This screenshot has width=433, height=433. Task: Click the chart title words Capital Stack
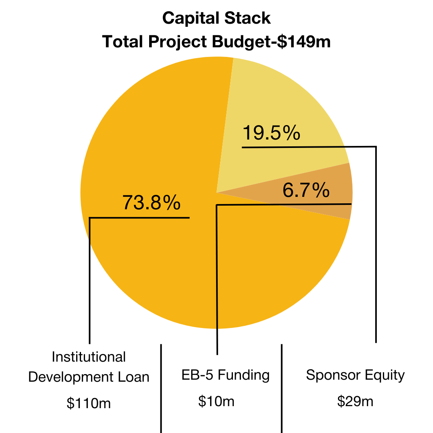[216, 18]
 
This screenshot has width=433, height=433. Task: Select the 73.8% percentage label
[151, 202]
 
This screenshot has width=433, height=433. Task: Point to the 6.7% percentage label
[306, 190]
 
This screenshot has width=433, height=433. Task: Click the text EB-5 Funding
[225, 375]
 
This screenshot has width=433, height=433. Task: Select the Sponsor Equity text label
[355, 375]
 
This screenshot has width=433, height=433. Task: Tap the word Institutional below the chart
[89, 357]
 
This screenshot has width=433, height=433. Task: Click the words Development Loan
[89, 377]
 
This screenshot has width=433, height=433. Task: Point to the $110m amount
[89, 403]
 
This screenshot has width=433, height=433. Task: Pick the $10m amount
[216, 401]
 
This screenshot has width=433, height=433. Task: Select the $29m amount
[355, 401]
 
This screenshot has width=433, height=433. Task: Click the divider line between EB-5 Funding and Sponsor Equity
[281, 388]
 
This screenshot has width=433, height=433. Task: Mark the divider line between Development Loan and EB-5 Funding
[161, 388]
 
